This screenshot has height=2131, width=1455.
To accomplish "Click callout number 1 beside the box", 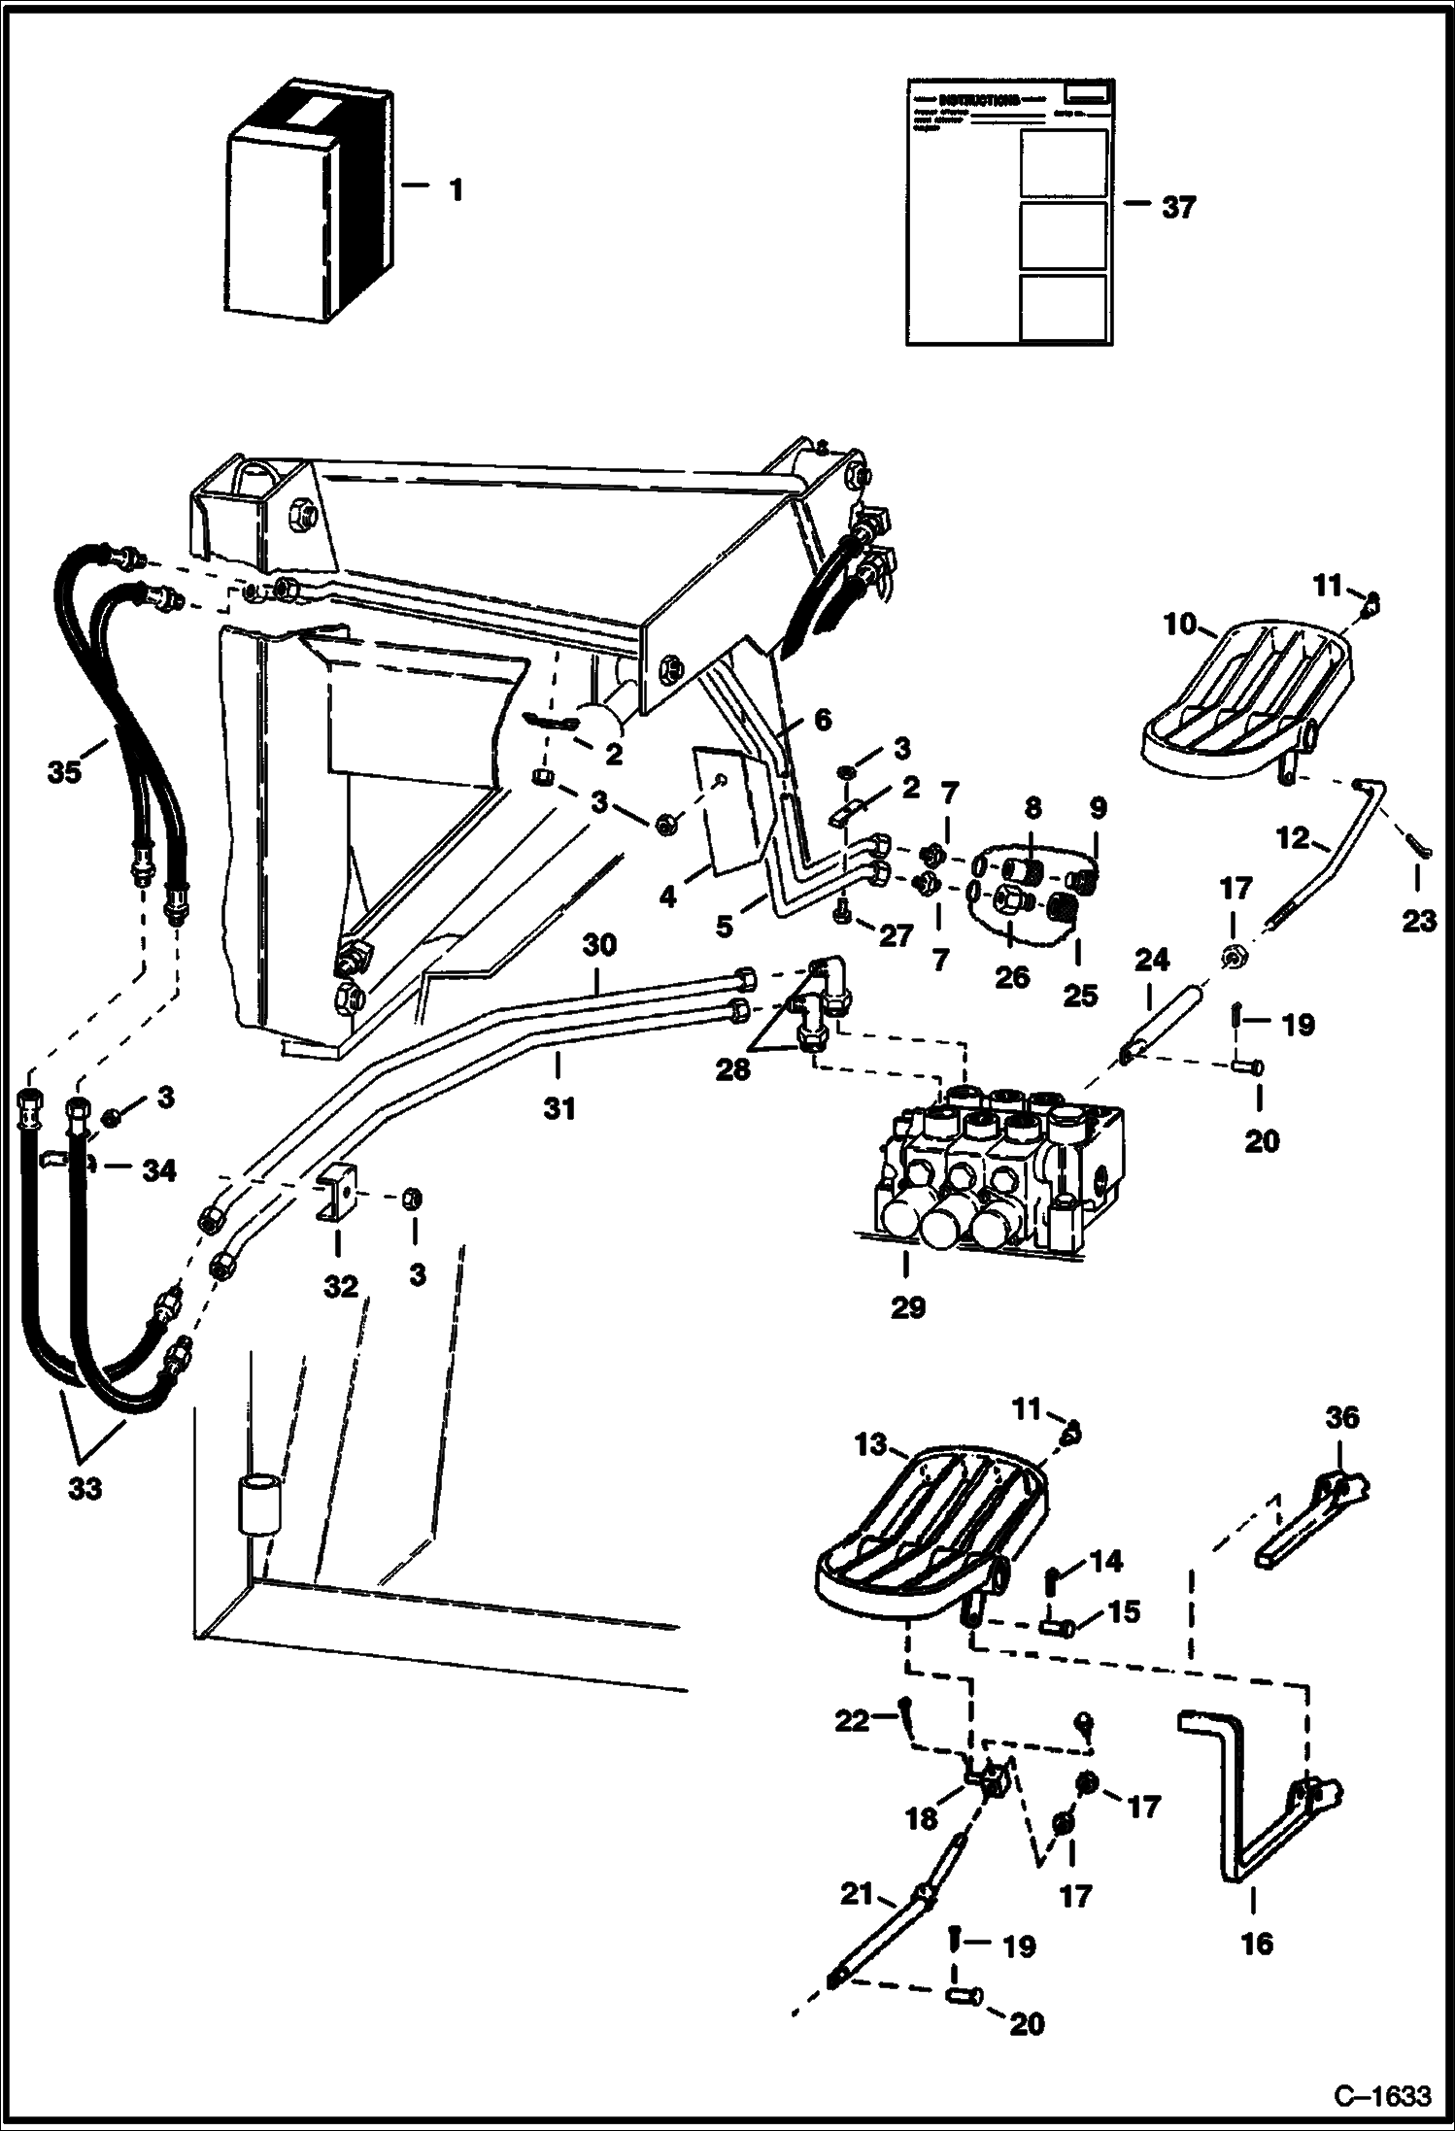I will [x=456, y=189].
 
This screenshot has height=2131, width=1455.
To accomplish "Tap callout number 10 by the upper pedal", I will [x=1180, y=625].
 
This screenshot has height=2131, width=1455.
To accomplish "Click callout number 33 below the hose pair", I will [x=85, y=1489].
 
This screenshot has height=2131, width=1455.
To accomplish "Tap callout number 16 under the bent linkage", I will [x=1257, y=1944].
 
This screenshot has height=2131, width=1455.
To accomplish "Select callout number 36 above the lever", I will [x=1343, y=1417].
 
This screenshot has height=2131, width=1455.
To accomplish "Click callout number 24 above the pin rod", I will [x=1152, y=961].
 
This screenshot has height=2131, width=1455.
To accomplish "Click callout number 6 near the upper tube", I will [x=822, y=720].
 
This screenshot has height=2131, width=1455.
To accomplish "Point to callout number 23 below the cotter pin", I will [x=1418, y=920].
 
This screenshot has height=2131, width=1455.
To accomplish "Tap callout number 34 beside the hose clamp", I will [x=158, y=1170].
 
